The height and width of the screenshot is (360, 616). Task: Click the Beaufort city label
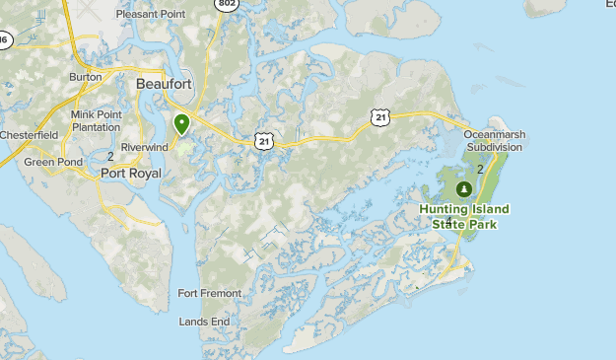(x=164, y=85)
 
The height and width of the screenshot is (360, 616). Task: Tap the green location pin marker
(x=181, y=124)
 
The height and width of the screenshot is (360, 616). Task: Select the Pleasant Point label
(x=151, y=15)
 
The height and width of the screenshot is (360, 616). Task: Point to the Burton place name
(x=86, y=76)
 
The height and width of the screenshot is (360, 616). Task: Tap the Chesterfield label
(x=29, y=134)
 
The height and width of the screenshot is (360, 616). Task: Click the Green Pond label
(x=53, y=162)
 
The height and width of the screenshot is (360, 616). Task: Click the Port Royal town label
(x=131, y=173)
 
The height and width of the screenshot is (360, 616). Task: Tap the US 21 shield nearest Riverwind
(x=263, y=142)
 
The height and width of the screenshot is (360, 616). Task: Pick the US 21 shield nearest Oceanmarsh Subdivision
(x=381, y=117)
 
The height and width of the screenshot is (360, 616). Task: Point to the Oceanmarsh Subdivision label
(x=493, y=140)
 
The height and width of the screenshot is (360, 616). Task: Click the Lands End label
(x=204, y=322)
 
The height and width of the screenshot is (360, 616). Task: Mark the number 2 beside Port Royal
(x=110, y=156)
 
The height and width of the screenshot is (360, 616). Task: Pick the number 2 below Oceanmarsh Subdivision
(x=480, y=169)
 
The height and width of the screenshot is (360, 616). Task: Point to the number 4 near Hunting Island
(x=448, y=221)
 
